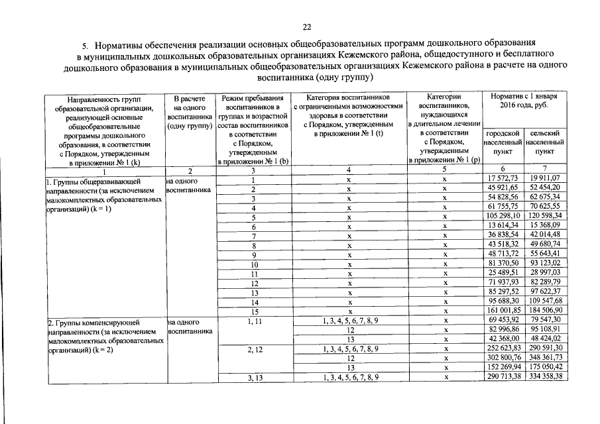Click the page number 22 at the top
[306, 27]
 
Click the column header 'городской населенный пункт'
[503, 142]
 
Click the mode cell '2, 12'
[254, 348]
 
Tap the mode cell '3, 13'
[254, 376]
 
